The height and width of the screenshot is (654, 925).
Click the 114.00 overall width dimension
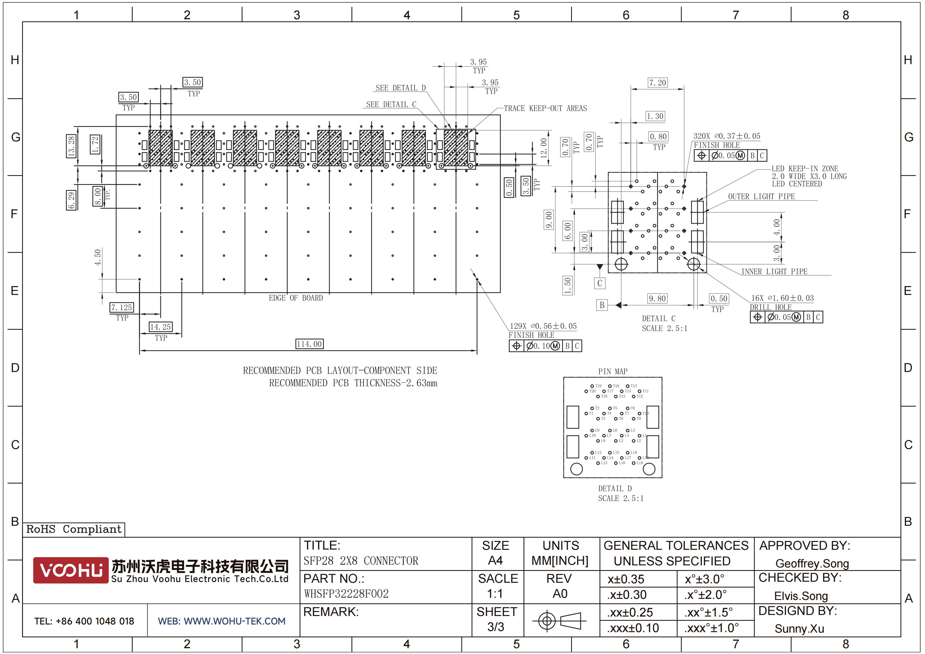309,344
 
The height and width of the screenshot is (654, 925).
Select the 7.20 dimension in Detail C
657,83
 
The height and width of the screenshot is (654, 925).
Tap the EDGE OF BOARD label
296,298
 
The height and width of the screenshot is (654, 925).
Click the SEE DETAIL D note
401,88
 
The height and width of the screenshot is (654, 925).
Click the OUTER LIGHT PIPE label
761,197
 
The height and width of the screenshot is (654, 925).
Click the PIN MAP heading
612,371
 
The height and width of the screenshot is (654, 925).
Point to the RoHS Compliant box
74,529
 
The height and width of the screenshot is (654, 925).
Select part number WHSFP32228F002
346,594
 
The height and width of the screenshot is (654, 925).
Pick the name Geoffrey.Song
812,563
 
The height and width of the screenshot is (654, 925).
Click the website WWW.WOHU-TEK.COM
221,621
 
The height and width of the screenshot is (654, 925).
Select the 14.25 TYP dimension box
160,327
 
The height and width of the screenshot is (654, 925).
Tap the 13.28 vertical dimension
71,146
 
